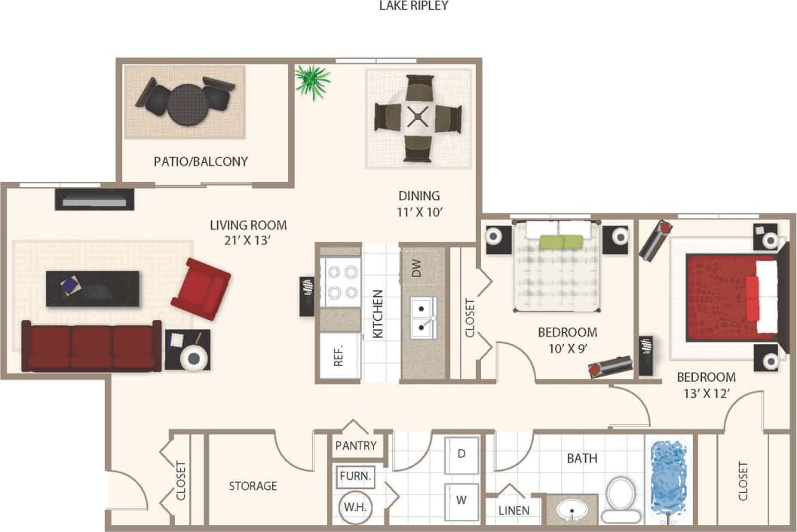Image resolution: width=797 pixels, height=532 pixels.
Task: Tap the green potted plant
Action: pos(312,81)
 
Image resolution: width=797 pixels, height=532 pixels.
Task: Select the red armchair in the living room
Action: pos(201,288)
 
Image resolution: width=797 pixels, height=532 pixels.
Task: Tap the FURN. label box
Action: pos(354,476)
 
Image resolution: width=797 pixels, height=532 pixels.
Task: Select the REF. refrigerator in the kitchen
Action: pos(339,355)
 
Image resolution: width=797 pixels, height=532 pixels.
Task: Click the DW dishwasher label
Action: pos(418,269)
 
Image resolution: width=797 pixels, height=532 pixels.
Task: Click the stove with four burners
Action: pos(339,281)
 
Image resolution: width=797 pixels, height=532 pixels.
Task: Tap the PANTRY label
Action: pos(356,446)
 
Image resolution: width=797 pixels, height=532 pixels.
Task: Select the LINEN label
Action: pos(514,511)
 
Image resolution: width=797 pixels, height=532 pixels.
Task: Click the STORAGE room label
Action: pos(253,486)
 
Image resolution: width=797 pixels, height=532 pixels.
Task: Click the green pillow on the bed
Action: pos(562,241)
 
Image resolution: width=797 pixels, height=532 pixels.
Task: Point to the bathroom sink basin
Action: pos(572,512)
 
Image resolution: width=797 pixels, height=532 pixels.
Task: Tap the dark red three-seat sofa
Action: pos(91,346)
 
